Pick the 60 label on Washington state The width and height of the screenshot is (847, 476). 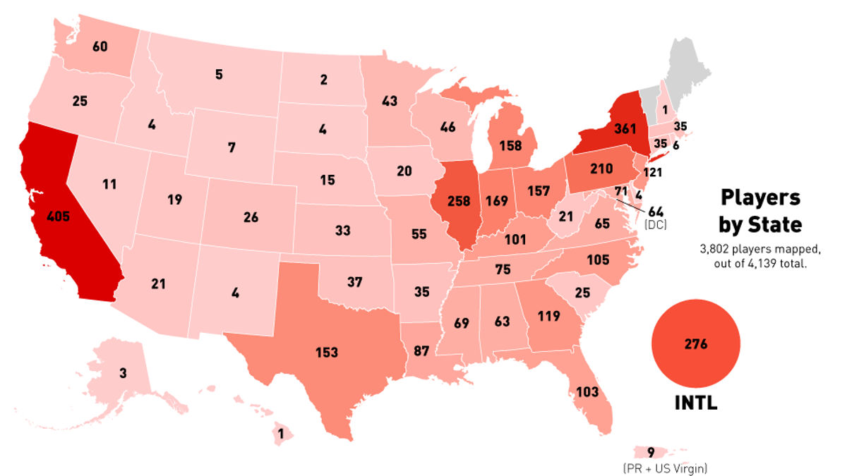(x=100, y=47)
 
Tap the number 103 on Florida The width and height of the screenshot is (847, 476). (x=587, y=391)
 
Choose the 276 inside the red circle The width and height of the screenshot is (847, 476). (x=696, y=345)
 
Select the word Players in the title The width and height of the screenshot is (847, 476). (x=759, y=197)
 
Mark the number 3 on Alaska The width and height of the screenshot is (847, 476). (x=123, y=373)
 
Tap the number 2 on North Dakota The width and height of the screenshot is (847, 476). (x=323, y=80)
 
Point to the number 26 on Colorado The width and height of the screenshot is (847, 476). (x=251, y=217)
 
